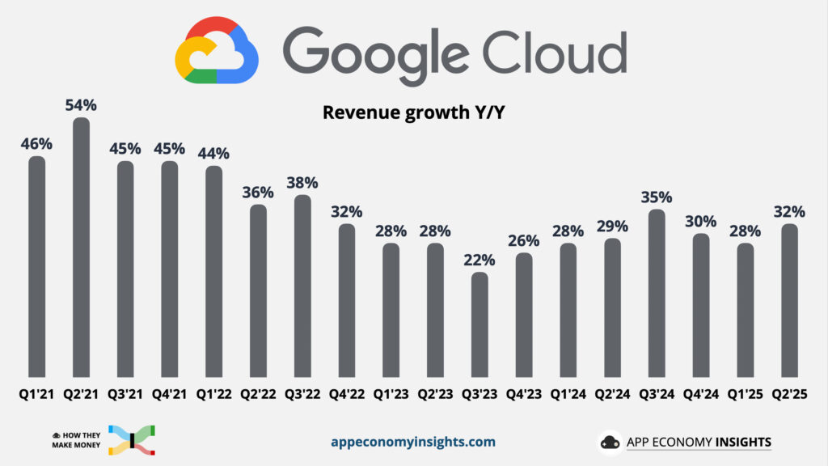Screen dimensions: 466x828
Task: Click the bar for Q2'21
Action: coord(81,247)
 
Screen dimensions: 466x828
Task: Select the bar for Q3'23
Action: coord(479,324)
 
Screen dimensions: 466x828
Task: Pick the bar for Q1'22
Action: coord(213,271)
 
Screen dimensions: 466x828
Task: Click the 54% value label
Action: coord(81,105)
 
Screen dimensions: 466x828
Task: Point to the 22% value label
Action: coord(479,260)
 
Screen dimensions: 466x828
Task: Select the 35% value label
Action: coord(657,197)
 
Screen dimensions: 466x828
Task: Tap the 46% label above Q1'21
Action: coord(36,144)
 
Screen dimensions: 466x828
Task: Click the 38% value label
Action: coord(302,183)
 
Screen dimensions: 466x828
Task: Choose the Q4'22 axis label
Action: coord(346,396)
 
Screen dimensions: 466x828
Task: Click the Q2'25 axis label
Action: coord(789,396)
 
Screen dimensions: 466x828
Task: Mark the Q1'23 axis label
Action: coord(391,396)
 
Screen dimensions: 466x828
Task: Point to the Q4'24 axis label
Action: coord(700,396)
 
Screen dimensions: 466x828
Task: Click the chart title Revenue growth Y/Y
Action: coord(414,112)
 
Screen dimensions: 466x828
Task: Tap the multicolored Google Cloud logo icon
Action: coord(217,51)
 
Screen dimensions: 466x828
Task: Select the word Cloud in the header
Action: coord(556,50)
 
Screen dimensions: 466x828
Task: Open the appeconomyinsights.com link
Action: coord(413,442)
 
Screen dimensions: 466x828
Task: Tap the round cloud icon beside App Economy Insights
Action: coord(610,443)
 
